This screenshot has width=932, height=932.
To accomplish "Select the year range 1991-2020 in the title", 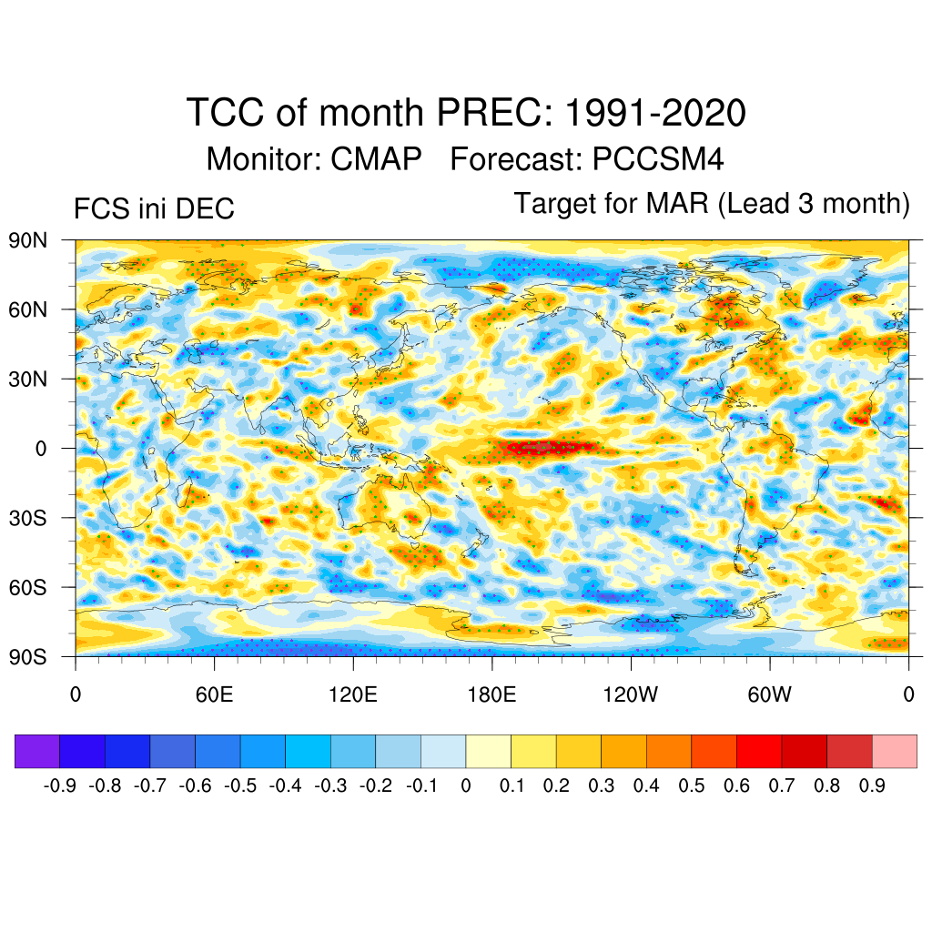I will [655, 114].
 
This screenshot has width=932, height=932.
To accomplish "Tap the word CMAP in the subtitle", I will [376, 159].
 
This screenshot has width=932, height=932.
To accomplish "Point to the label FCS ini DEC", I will [154, 209].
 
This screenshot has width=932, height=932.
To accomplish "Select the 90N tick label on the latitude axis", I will [28, 240].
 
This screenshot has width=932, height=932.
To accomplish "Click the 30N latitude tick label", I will [28, 379].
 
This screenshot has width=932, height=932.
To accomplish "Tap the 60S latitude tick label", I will [28, 587].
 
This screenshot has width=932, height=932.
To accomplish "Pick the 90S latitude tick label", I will [28, 656].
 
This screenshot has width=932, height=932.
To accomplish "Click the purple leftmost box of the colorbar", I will [37, 752].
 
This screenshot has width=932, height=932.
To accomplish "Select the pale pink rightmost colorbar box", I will [894, 752].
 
